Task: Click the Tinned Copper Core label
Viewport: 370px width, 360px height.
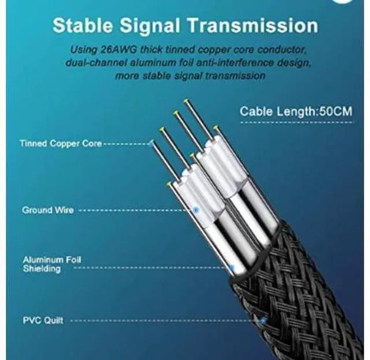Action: point(60,143)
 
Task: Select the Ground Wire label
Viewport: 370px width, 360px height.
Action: point(48,210)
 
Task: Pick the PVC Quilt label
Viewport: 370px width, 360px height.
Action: point(43,319)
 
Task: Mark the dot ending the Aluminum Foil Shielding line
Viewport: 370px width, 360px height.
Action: point(231,268)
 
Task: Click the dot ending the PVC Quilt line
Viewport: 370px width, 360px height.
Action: point(263,319)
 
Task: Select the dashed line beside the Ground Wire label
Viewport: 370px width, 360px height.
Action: point(136,210)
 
